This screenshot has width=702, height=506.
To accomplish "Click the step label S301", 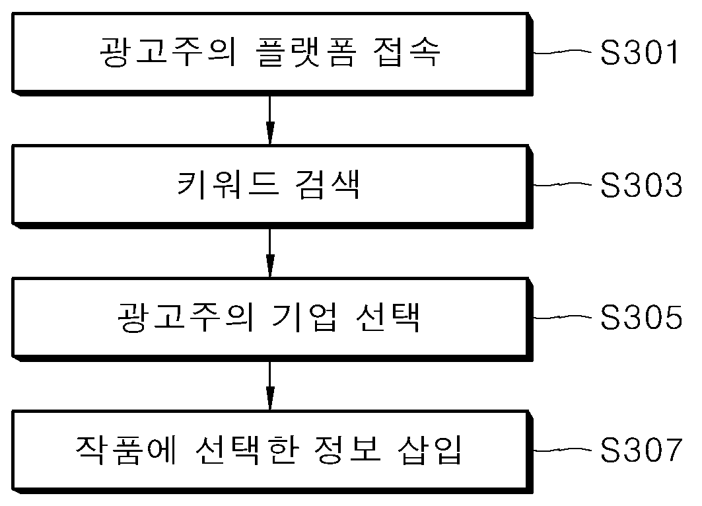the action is click(639, 52).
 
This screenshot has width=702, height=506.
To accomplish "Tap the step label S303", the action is click(641, 184).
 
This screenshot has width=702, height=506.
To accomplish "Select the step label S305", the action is click(641, 317).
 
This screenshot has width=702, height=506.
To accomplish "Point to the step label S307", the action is click(641, 450).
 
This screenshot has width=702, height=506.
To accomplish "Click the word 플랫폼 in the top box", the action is click(307, 52).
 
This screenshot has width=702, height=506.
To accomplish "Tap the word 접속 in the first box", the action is click(407, 52).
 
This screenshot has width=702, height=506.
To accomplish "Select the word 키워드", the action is click(228, 184).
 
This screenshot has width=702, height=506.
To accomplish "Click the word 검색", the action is click(328, 184).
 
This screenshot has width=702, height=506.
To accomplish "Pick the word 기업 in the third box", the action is click(304, 317).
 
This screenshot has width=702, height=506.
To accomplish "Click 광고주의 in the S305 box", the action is click(186, 317).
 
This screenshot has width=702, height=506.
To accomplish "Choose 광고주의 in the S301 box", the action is click(168, 52).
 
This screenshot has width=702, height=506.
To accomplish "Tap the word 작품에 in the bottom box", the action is click(127, 450).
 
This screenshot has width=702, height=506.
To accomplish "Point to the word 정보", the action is click(347, 450).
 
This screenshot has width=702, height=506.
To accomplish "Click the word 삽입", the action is click(429, 450).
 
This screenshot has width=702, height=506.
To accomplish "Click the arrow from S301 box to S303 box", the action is click(269, 120).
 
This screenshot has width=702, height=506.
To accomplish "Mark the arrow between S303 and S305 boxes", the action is click(269, 252).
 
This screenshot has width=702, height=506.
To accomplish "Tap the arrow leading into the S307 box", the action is click(269, 385).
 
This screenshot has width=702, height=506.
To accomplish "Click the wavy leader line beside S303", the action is click(563, 184).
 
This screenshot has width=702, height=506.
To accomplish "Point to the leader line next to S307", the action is click(563, 449).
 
